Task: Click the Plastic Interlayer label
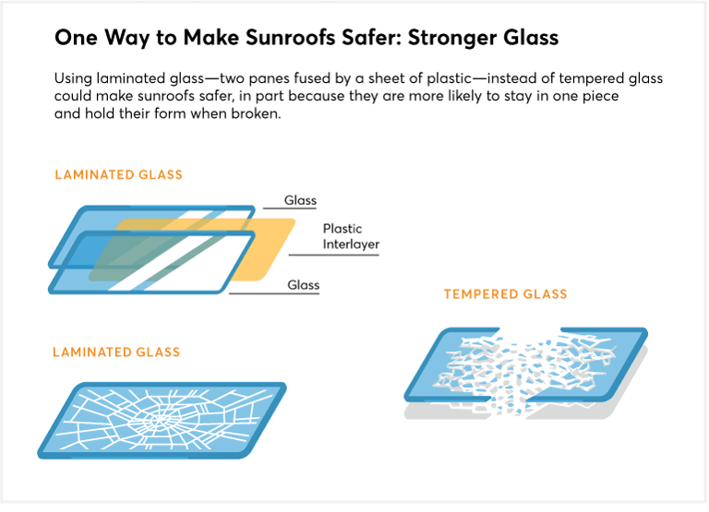coord(351,236)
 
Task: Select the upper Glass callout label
coord(300,200)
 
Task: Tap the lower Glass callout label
coord(303,285)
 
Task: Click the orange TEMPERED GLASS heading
coord(505,294)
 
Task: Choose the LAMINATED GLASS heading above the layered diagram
coord(118,174)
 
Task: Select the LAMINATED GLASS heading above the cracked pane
coord(116,351)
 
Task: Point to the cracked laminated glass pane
coord(162,420)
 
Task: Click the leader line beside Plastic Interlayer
coord(332,255)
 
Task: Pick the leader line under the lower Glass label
coord(277,293)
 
